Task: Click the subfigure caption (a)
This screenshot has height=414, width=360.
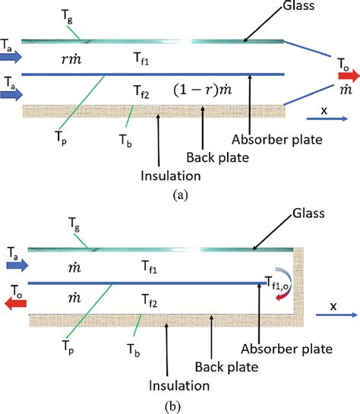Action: coord(179,194)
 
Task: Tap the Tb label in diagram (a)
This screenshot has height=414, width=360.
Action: coord(125,138)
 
